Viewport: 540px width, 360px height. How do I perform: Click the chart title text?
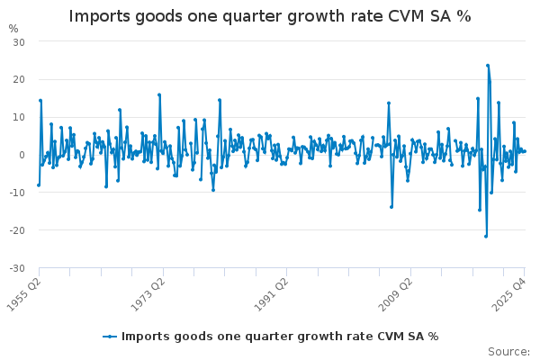tap(270, 16)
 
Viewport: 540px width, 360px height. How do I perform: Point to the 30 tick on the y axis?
tap(19, 42)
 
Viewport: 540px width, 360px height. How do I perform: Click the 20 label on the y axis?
tap(19, 80)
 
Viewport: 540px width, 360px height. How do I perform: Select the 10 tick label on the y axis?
tap(19, 118)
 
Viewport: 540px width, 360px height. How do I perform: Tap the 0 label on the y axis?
tap(22, 155)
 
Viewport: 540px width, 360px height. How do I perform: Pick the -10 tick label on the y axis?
tap(17, 193)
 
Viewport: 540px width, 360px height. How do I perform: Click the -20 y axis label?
tap(17, 230)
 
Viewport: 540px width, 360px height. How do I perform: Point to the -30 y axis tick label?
tap(17, 268)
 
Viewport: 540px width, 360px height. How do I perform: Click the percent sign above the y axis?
tap(13, 28)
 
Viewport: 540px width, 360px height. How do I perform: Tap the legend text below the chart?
tap(280, 337)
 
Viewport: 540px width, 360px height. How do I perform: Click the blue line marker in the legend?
tap(110, 337)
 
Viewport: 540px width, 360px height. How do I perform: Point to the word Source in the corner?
tap(508, 352)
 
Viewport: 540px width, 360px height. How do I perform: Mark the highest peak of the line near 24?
tap(488, 65)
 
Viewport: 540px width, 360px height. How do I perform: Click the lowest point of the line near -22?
tap(486, 236)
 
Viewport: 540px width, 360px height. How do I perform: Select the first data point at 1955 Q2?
tap(39, 185)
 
